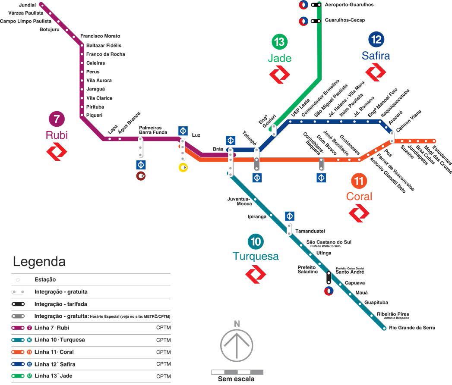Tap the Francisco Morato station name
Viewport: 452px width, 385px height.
point(100,36)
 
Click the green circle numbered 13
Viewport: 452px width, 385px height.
point(279,42)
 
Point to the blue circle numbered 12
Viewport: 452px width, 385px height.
point(376,40)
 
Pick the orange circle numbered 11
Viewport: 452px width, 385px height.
point(359,180)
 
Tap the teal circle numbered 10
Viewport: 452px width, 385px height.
point(256,241)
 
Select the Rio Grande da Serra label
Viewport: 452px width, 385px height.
point(412,328)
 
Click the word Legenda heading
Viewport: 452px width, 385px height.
point(39,262)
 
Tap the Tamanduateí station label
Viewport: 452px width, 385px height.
point(310,232)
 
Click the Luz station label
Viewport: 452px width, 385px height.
point(196,135)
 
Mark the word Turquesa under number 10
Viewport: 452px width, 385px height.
point(256,257)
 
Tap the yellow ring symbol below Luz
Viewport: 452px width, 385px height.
point(183,167)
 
